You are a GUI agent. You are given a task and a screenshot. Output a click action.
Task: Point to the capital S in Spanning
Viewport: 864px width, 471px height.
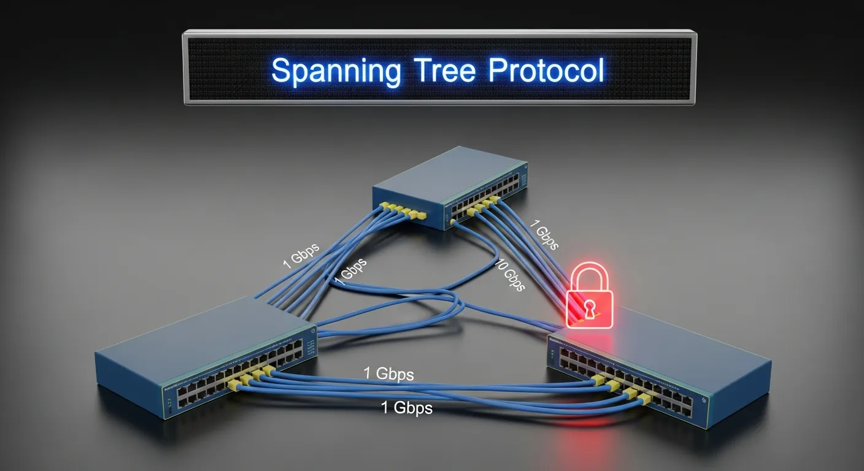coord(281,70)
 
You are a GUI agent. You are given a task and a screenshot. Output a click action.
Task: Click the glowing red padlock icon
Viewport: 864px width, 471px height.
coord(589,295)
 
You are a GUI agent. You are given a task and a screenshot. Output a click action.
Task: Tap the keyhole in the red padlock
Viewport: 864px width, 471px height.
coord(589,309)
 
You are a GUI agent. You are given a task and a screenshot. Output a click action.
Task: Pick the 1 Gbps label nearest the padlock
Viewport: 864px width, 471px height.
coord(544,234)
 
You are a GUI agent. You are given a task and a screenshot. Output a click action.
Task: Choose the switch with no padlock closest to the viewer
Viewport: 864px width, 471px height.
coord(206,356)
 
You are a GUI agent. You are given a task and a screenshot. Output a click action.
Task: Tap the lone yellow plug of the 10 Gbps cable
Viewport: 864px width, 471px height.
coord(453,221)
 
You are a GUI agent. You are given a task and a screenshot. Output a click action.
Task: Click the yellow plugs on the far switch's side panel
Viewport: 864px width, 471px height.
coord(403,210)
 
